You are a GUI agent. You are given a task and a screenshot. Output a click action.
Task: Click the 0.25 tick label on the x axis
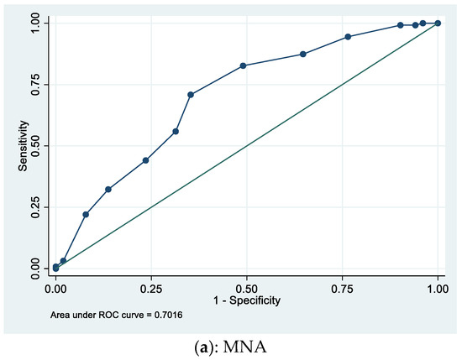tap(151, 288)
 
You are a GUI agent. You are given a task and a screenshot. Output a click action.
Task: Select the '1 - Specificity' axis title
tap(246, 300)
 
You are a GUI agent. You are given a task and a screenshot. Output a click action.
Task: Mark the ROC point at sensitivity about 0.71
tap(191, 95)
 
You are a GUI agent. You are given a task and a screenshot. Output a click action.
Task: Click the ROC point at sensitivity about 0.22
tap(86, 215)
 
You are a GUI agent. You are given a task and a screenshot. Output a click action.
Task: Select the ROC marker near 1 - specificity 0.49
tap(243, 65)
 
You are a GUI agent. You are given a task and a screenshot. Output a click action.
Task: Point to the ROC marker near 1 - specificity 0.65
tap(302, 54)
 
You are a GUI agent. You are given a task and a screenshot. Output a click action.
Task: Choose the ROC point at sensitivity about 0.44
tap(146, 160)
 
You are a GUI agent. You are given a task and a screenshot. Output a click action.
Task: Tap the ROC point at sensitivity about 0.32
tap(108, 190)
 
